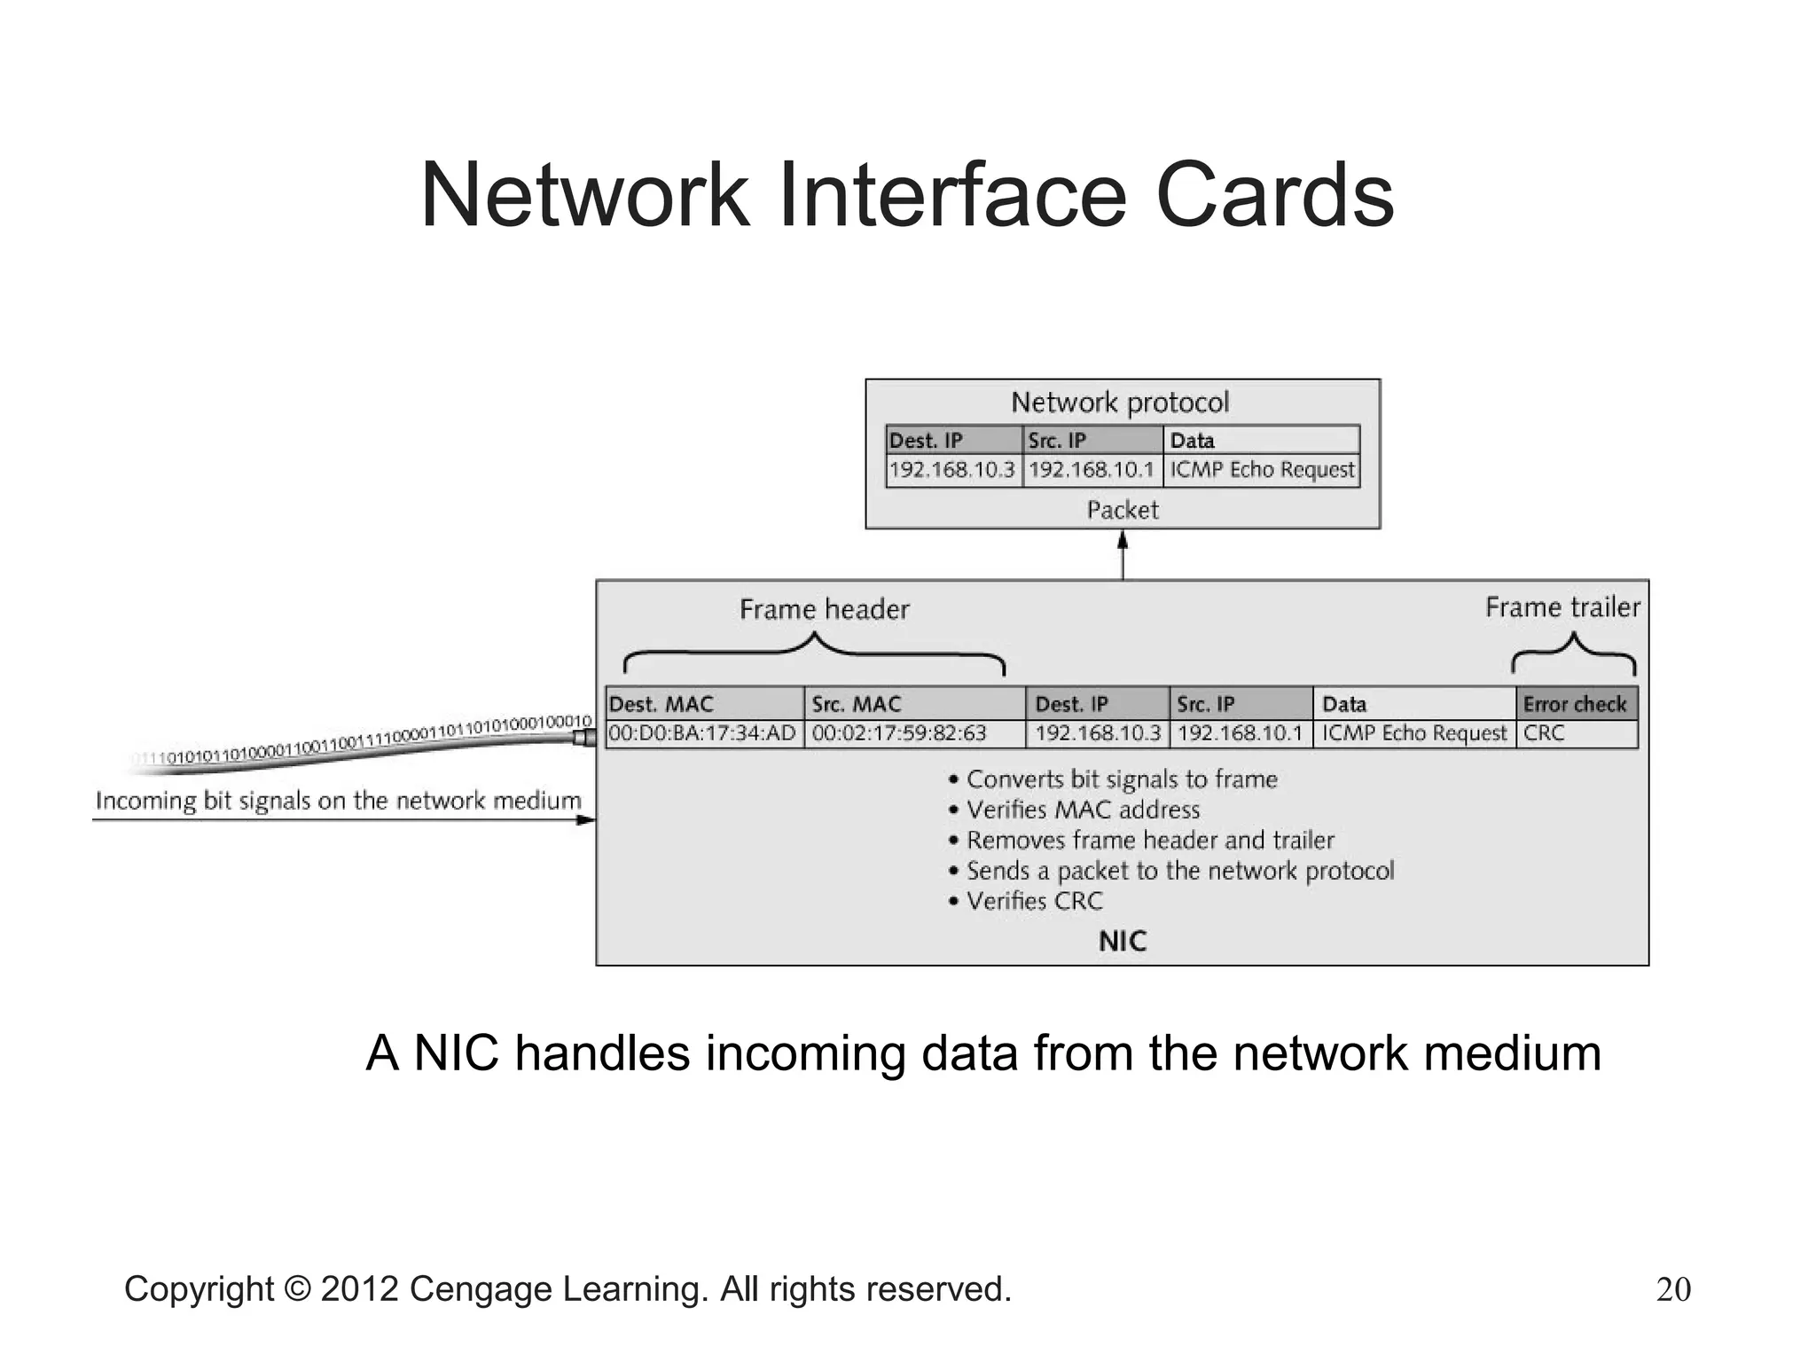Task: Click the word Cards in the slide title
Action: coord(1275,195)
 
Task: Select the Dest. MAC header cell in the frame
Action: coord(704,704)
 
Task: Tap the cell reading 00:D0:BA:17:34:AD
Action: coord(704,733)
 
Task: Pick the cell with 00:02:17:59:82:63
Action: coord(913,733)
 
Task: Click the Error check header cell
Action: coord(1576,704)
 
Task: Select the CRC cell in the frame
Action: coord(1576,733)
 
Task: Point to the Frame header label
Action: coord(824,609)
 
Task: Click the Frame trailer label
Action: coord(1562,607)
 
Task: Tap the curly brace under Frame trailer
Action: coord(1574,654)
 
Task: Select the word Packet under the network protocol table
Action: coord(1123,510)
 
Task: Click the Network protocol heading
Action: coord(1120,403)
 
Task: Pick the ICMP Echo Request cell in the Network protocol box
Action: coord(1262,470)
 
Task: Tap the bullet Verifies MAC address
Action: coord(1083,810)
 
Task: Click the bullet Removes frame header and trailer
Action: coord(1149,840)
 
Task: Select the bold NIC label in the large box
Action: coord(1123,941)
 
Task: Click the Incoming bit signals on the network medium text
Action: coord(338,801)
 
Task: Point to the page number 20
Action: coord(1673,1289)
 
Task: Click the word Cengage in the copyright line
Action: coord(481,1289)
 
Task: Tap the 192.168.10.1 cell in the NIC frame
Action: coord(1240,733)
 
